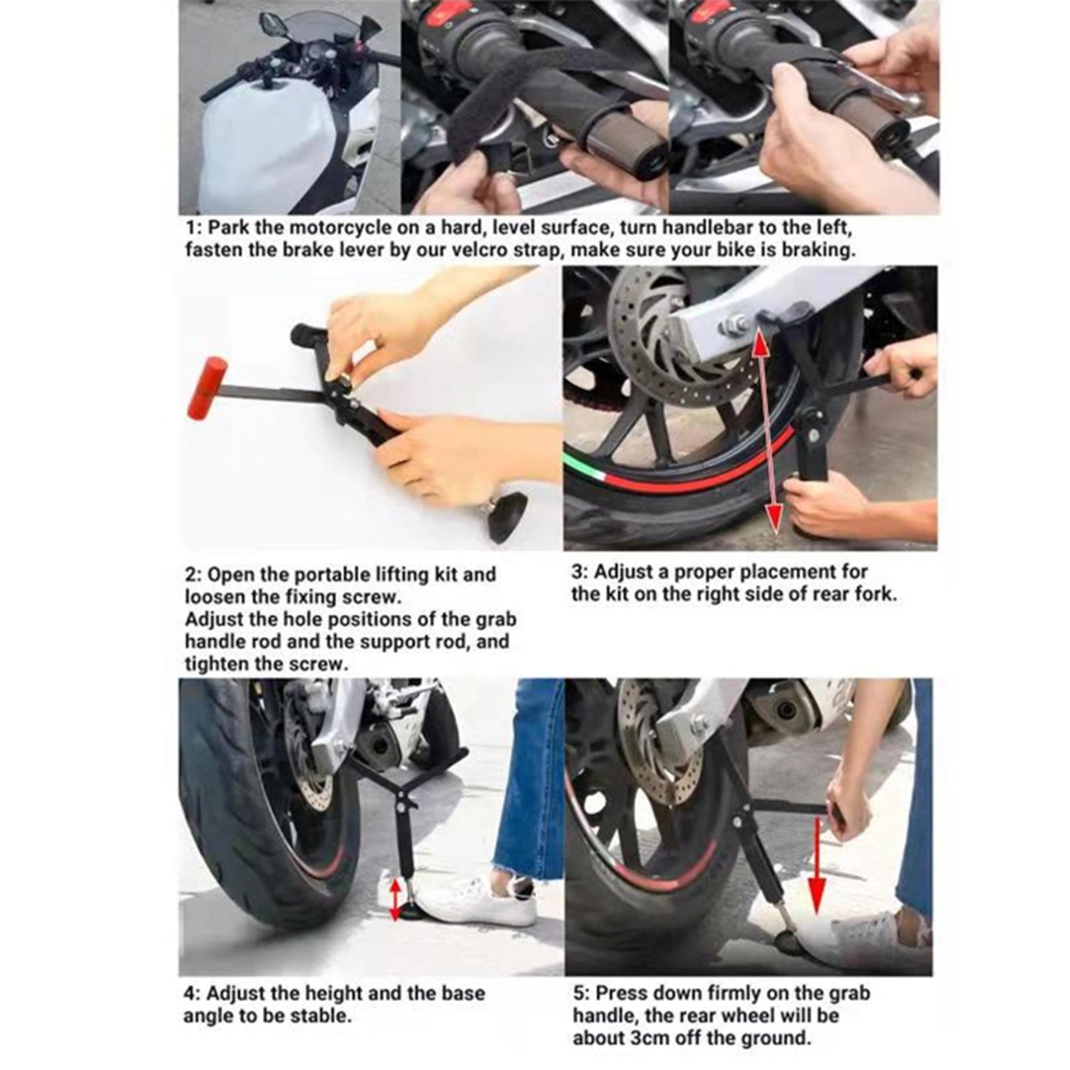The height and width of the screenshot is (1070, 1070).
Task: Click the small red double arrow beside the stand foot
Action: [395, 898]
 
